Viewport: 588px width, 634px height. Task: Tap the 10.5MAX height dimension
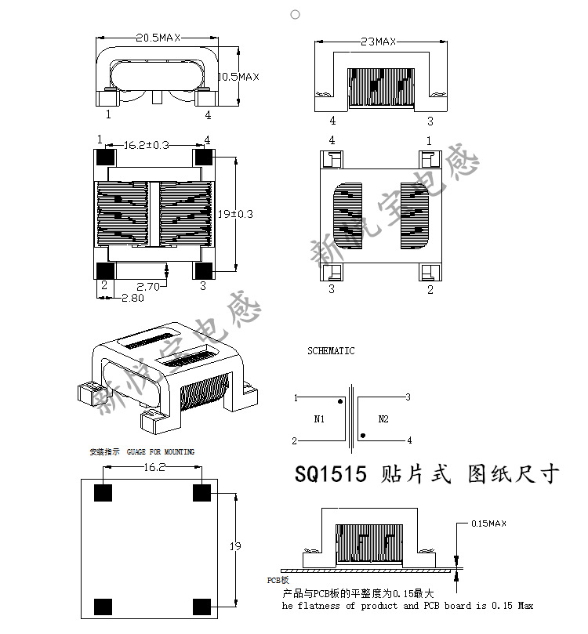tap(238, 77)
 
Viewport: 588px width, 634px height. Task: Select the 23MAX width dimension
tap(379, 41)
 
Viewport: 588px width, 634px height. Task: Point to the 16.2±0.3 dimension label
tap(147, 144)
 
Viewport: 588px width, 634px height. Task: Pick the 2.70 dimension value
tap(148, 287)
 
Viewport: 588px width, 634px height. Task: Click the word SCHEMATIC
tap(330, 351)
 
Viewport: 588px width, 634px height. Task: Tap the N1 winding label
tap(319, 419)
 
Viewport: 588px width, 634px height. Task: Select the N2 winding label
tap(383, 419)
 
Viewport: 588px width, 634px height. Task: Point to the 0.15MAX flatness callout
tap(488, 523)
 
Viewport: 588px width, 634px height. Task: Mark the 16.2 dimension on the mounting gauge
tap(153, 467)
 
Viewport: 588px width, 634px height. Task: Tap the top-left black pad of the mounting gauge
tap(103, 493)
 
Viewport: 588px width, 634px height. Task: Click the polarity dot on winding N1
tap(339, 402)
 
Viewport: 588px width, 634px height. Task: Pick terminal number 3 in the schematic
tap(408, 397)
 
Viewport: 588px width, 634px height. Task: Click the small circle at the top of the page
tap(295, 14)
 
